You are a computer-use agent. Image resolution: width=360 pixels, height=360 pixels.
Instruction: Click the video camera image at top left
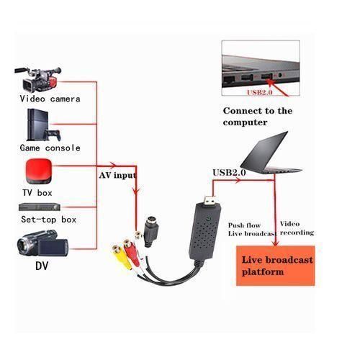pos(40,77)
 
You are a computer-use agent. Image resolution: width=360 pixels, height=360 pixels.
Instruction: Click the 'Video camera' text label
pos(50,98)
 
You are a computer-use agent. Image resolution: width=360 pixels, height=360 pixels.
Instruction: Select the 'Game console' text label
pos(50,148)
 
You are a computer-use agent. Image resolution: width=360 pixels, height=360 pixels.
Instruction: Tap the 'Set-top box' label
pos(50,219)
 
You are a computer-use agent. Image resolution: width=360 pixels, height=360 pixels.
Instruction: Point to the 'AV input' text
pos(117,174)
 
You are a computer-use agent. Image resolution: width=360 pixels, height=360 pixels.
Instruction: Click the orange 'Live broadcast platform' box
pos(277,265)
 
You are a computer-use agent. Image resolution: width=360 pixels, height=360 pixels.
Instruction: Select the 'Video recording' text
pos(297,228)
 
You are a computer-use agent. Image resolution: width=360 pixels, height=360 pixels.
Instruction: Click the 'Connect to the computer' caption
pos(258,116)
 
